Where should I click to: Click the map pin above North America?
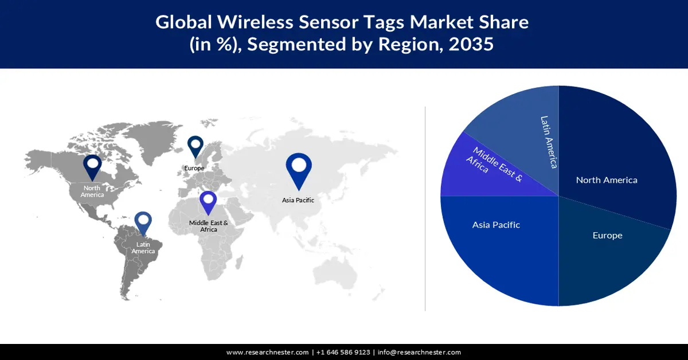(92, 166)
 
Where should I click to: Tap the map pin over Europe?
(196, 146)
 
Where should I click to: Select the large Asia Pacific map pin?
(298, 169)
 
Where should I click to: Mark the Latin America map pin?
(143, 223)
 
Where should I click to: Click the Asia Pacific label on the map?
(298, 200)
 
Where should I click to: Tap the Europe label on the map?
(194, 168)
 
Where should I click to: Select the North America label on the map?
(92, 191)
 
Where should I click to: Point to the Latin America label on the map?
(143, 248)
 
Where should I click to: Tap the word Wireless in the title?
(251, 22)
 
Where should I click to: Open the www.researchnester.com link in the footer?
(268, 352)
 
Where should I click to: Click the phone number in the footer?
(342, 352)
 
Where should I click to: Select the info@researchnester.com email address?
(419, 352)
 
